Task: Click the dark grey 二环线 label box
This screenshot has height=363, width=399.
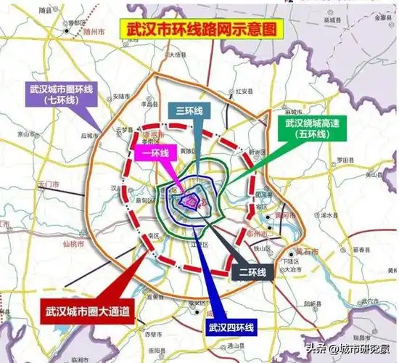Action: pos(255,272)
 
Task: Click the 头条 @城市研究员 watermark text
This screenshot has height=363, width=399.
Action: pos(350,350)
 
